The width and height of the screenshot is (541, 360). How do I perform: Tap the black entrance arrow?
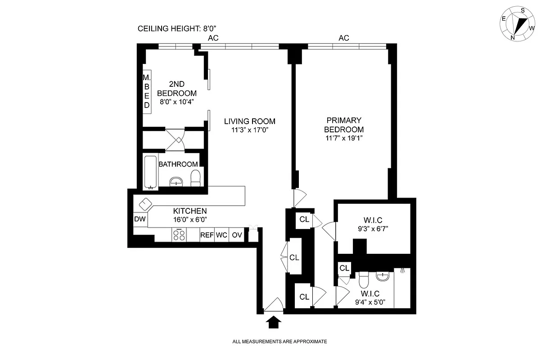pos(274,322)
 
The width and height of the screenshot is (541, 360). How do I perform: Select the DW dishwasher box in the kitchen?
pos(140,219)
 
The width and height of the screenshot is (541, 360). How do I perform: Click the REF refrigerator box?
pos(207,235)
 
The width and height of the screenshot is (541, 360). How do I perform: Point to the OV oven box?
pos(237,235)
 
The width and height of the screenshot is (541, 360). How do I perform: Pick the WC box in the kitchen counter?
pos(221,235)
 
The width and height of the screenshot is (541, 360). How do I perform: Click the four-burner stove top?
pos(180,235)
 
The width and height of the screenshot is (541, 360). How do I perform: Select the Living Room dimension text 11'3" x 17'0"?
pos(250,130)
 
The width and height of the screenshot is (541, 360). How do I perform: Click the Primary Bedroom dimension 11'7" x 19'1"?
pos(344,138)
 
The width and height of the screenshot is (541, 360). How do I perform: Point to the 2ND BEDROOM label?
pos(176,89)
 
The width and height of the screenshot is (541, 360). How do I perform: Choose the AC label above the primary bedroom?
pos(344,38)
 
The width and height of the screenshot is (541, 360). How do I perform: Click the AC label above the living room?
pos(213,38)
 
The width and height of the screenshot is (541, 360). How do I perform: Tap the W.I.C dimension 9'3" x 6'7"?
pos(374,229)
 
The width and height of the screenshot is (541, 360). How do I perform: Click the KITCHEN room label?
pos(190,211)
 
